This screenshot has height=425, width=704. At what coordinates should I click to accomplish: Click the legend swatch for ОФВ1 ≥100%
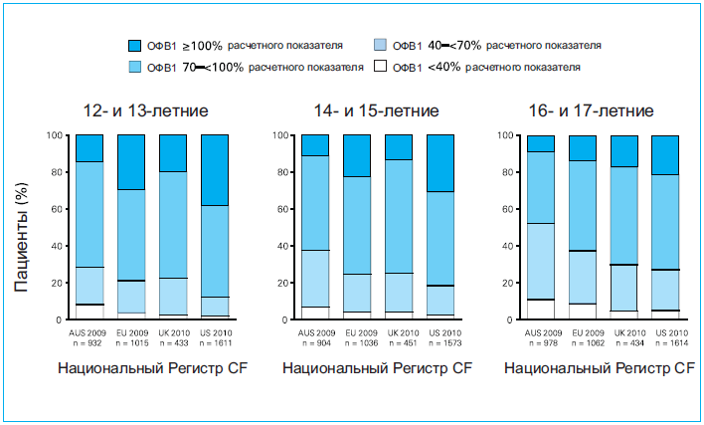pyautogui.click(x=136, y=46)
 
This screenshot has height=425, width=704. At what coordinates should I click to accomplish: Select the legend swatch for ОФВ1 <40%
pyautogui.click(x=380, y=67)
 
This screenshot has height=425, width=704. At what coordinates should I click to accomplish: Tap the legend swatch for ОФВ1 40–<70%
pyautogui.click(x=380, y=46)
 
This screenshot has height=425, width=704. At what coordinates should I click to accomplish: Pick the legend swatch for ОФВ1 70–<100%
pyautogui.click(x=136, y=67)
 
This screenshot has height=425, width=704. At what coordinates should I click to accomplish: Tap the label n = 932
pyautogui.click(x=89, y=342)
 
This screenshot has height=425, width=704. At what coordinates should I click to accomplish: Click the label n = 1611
pyautogui.click(x=216, y=342)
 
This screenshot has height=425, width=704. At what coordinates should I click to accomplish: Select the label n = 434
pyautogui.click(x=623, y=342)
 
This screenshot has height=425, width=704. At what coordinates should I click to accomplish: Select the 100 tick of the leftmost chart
pyautogui.click(x=57, y=135)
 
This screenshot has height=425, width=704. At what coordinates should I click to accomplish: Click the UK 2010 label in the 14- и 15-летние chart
pyautogui.click(x=399, y=332)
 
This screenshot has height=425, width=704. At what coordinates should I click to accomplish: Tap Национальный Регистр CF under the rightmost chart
pyautogui.click(x=598, y=368)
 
